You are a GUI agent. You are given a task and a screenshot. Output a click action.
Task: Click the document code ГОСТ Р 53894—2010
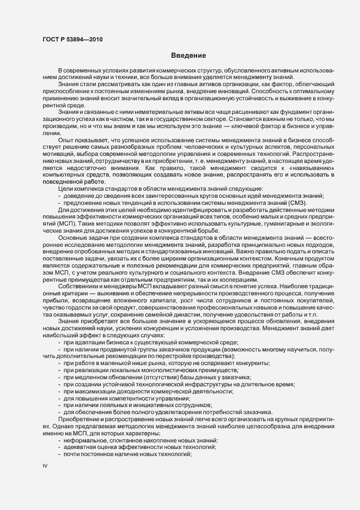click(x=72, y=40)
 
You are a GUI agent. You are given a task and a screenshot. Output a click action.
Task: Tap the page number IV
click(x=45, y=466)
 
